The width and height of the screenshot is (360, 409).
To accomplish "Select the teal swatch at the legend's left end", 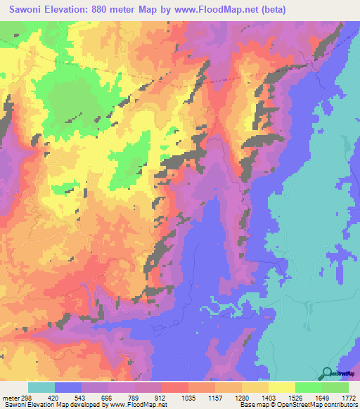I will [41, 387].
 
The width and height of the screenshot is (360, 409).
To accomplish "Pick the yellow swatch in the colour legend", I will [281, 387].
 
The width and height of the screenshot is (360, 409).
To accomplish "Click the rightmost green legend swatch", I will [335, 387].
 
